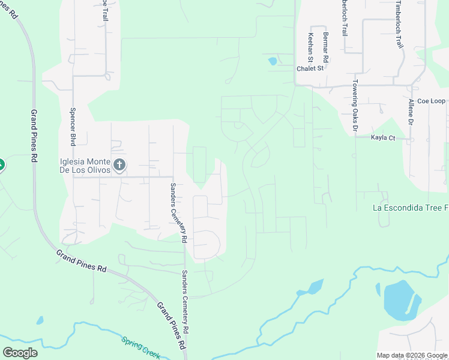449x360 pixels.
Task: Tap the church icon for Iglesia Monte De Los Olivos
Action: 119,164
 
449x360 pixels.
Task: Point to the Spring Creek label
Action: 140,347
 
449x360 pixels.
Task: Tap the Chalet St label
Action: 310,68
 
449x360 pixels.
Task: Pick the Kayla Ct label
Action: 383,138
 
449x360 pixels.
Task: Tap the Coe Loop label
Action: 431,101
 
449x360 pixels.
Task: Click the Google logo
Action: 20,352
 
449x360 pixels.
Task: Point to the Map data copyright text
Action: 412,355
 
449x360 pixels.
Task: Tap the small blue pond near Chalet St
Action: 273,61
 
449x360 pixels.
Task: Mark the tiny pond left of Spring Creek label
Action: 40,320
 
